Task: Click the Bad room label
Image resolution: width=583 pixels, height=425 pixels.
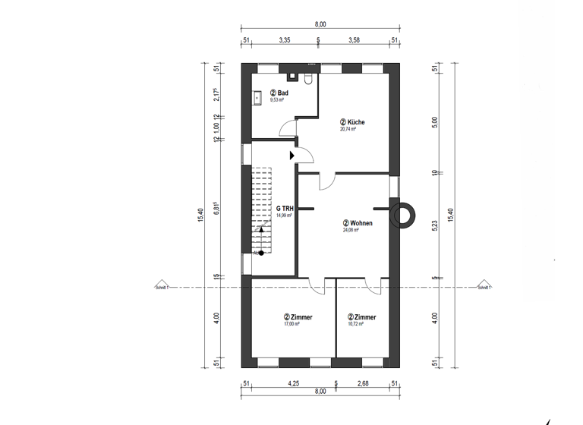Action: [x=277, y=92]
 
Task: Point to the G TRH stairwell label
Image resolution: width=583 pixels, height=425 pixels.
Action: [x=285, y=208]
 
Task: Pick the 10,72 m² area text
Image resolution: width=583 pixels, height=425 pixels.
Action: [x=355, y=324]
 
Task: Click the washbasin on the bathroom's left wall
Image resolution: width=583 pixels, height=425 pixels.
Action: [x=258, y=97]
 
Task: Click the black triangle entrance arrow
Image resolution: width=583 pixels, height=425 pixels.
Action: [x=292, y=156]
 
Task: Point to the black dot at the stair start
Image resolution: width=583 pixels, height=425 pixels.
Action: [x=260, y=253]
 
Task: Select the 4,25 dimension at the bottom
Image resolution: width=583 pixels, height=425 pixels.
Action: [x=292, y=383]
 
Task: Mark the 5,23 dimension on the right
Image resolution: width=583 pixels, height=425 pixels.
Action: [x=434, y=226]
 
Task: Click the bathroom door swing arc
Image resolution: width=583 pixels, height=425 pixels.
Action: [x=286, y=128]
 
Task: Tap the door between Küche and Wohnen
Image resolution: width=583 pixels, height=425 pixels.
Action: [x=326, y=181]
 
